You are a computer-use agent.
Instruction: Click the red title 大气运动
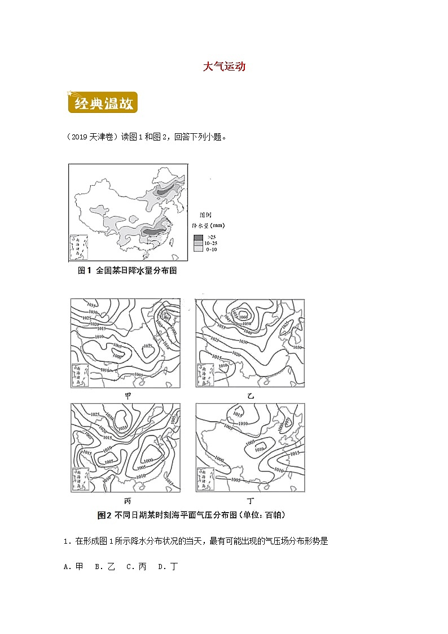pos(224,67)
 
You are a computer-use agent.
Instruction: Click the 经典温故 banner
pos(102,104)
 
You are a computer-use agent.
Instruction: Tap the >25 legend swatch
pos(198,237)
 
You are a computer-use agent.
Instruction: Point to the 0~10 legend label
pos(211,249)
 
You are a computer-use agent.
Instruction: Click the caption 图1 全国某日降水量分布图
pos(127,271)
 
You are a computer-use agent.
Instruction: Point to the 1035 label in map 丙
pos(122,428)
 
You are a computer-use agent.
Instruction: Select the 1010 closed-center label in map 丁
pos(259,449)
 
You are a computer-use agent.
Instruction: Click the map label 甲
pos(128,396)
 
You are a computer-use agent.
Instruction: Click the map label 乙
pos(251,396)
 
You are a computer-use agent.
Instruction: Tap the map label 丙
pos(128,501)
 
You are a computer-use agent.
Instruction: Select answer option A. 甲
pos(73,566)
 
